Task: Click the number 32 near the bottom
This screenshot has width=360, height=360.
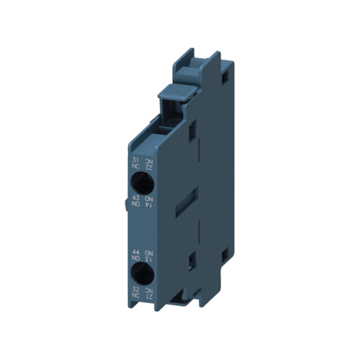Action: tap(135, 289)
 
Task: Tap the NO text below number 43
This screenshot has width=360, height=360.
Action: tap(135, 205)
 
